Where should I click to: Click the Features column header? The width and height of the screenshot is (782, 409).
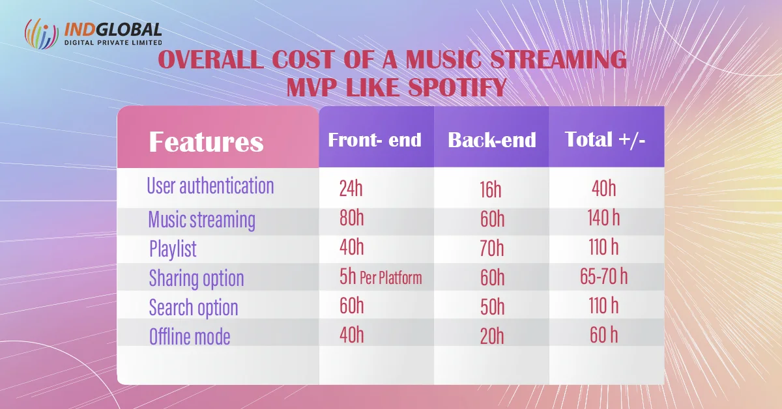pyautogui.click(x=206, y=141)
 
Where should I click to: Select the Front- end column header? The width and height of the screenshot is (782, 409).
pyautogui.click(x=375, y=140)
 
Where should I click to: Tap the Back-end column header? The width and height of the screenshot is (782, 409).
pyautogui.click(x=492, y=140)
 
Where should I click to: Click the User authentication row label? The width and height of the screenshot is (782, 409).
pyautogui.click(x=210, y=186)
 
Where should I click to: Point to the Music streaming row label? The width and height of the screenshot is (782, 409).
pyautogui.click(x=201, y=219)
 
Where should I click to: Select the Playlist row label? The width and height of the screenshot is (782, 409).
pyautogui.click(x=173, y=249)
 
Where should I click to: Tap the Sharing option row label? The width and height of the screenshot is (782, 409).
pyautogui.click(x=196, y=278)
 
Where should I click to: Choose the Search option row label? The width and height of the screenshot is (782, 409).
pyautogui.click(x=194, y=307)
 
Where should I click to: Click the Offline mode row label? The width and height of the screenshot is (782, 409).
pyautogui.click(x=190, y=337)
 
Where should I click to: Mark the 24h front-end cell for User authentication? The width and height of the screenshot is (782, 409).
pyautogui.click(x=351, y=189)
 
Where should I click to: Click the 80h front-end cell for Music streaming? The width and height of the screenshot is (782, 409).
pyautogui.click(x=351, y=218)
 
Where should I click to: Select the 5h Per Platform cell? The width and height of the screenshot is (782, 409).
pyautogui.click(x=381, y=277)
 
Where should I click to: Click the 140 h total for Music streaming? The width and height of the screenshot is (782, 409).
pyautogui.click(x=603, y=218)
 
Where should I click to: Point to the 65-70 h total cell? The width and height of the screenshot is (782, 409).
pyautogui.click(x=603, y=277)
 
